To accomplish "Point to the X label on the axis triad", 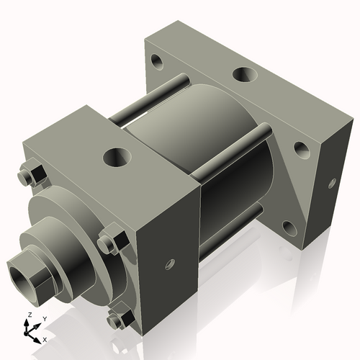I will click(x=45, y=338).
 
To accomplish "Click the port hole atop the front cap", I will click(x=115, y=156).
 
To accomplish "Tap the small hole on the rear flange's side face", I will click(x=332, y=183).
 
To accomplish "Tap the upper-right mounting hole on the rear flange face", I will click(x=301, y=150).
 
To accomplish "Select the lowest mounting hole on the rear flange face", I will click(x=289, y=229).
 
